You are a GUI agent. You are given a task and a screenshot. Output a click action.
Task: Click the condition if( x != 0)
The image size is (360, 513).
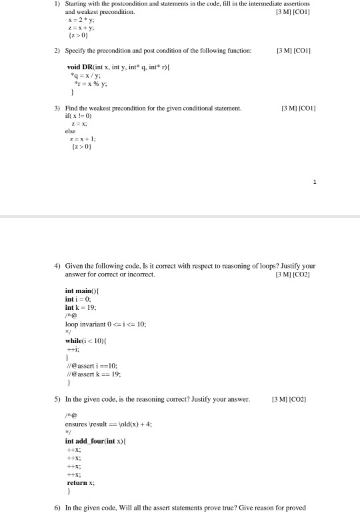(75, 115)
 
